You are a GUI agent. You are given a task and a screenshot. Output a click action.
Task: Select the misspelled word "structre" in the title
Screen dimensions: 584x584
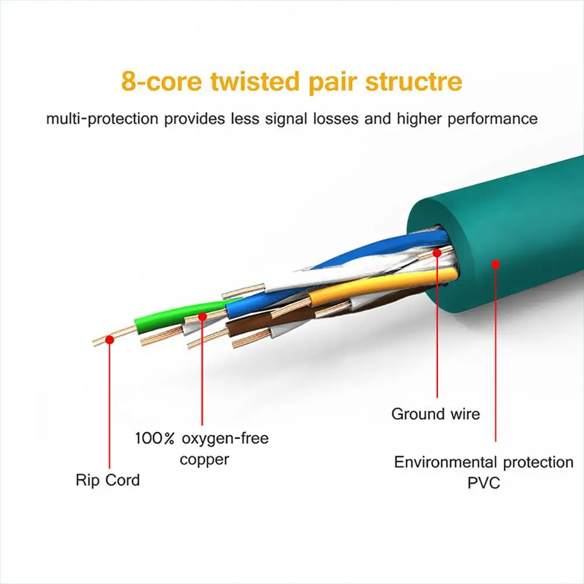coord(413,81)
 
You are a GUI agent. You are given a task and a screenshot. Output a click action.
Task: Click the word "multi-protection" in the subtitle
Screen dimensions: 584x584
coord(102,119)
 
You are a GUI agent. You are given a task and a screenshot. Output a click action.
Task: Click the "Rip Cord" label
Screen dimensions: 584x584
coord(108,481)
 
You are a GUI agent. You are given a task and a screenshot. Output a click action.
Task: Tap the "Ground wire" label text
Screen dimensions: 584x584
coord(436,414)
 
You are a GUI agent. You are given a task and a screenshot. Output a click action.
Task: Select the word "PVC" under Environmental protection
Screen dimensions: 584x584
coord(484,483)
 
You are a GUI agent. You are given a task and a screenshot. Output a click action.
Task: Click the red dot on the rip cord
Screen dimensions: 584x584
coord(109,339)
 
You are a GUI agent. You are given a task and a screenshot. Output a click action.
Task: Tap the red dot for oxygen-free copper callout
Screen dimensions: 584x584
coord(203,316)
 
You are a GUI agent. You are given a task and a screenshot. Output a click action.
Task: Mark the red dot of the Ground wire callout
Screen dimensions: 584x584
coord(437,252)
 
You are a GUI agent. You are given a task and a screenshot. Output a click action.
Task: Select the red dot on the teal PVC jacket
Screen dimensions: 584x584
coord(496,264)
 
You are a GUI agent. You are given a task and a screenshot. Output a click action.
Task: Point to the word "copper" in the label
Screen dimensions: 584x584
coord(204,459)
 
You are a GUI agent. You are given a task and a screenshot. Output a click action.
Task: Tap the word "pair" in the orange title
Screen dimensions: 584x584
coord(331,81)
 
